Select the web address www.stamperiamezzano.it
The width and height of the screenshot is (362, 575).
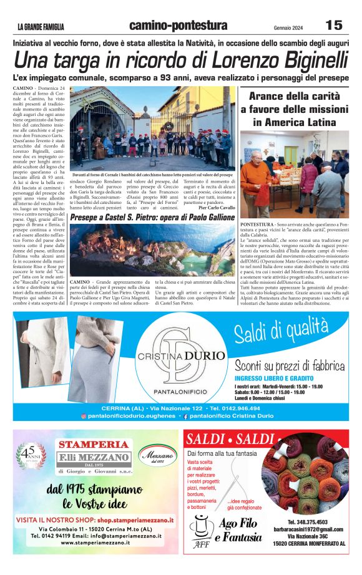click(95, 543)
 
